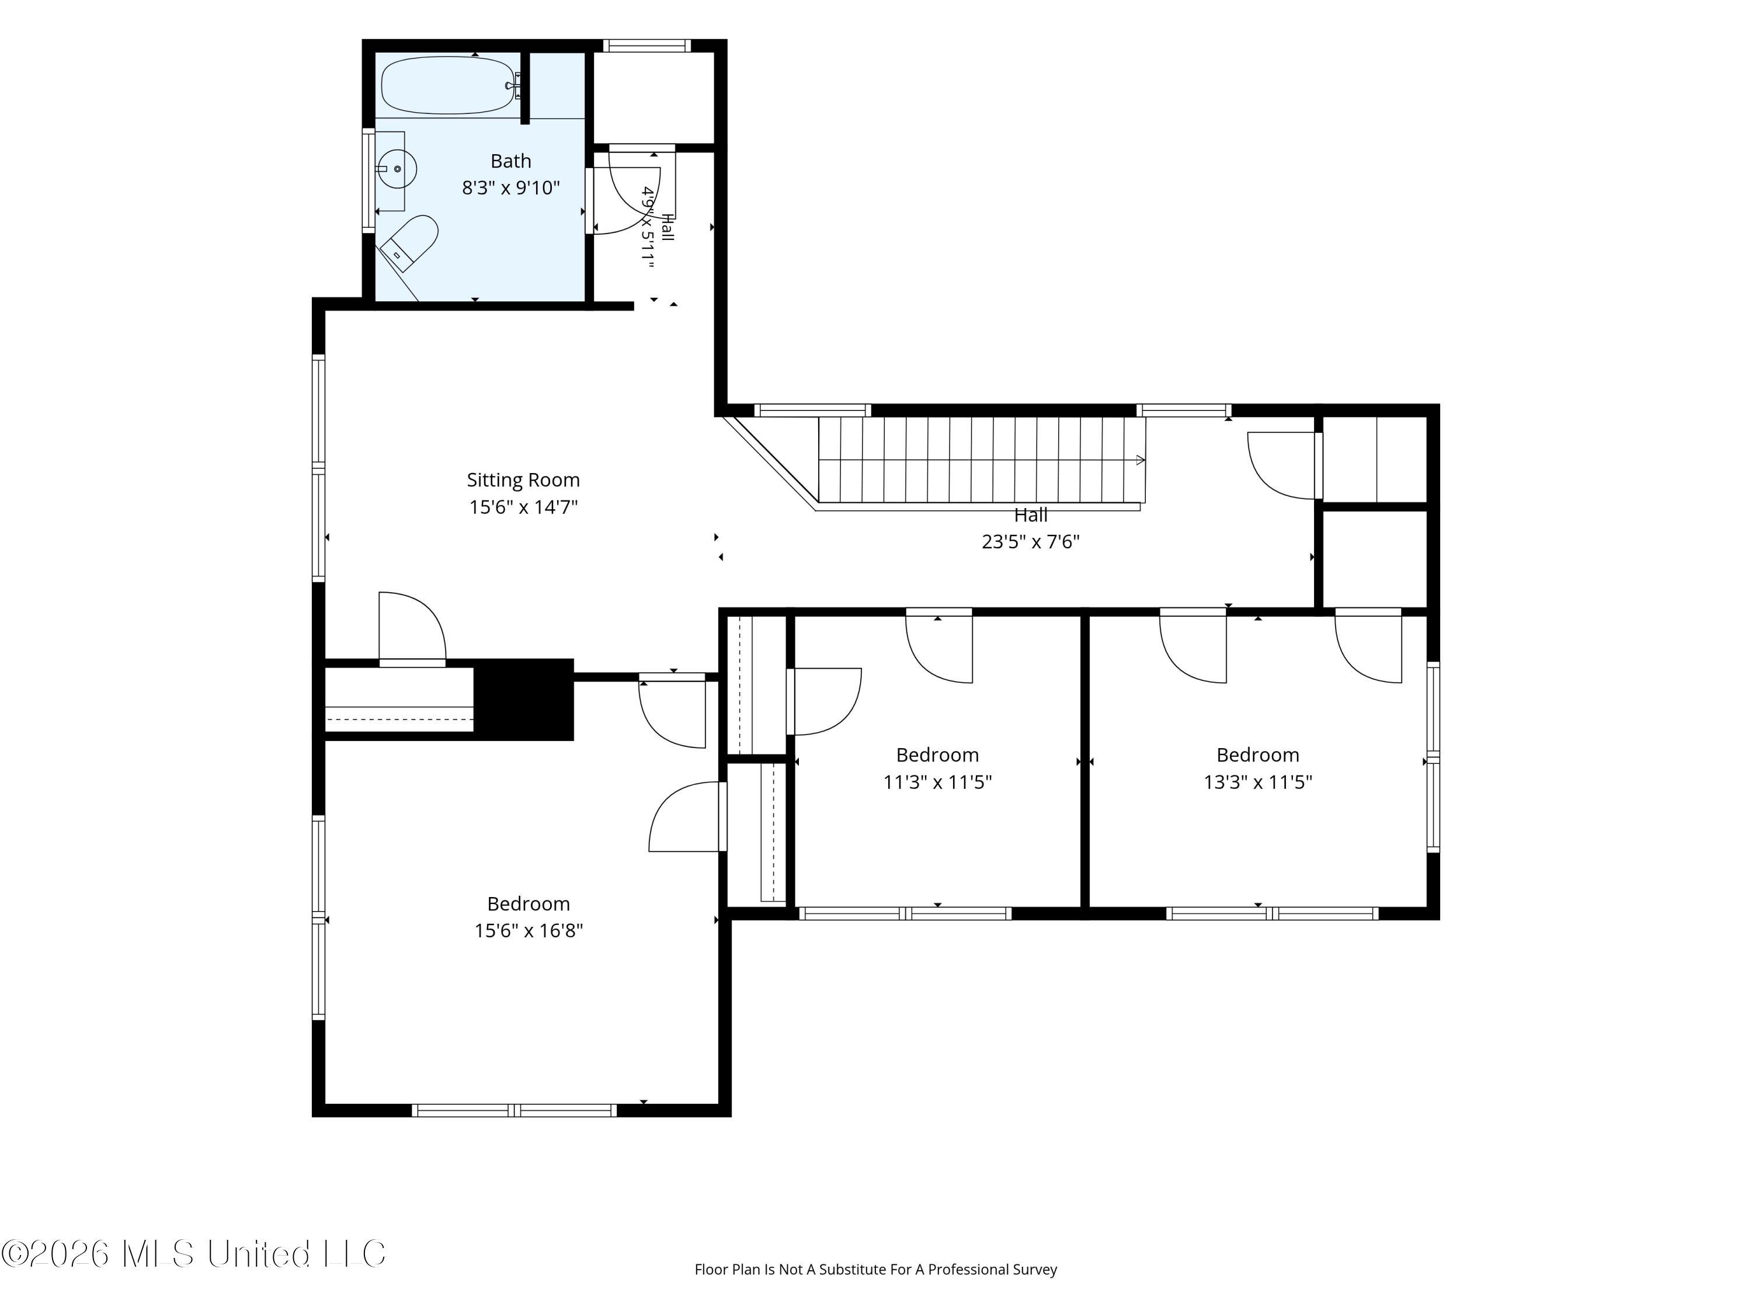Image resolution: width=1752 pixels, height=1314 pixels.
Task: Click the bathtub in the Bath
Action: (x=449, y=85)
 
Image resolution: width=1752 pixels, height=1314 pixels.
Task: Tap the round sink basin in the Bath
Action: (x=397, y=169)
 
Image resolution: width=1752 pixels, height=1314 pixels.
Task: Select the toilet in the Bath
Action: (x=411, y=242)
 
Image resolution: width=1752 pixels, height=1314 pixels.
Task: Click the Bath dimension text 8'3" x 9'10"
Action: (x=511, y=187)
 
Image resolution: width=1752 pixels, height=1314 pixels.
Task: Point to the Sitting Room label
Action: (x=523, y=480)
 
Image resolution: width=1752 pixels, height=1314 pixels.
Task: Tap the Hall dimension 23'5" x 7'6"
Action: (x=1030, y=542)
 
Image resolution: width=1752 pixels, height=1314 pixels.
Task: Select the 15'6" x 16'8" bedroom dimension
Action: (x=529, y=930)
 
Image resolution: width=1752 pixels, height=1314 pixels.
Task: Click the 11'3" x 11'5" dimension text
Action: (x=938, y=782)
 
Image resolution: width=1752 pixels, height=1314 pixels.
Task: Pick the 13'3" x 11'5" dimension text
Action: (x=1258, y=782)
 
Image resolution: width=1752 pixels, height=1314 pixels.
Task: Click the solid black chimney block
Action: (x=523, y=700)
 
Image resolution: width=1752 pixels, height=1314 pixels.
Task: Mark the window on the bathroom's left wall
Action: (x=369, y=180)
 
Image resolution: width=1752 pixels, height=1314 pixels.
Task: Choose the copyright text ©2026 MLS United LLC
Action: (x=193, y=1253)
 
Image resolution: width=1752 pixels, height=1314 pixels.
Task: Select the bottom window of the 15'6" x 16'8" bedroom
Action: (x=514, y=1110)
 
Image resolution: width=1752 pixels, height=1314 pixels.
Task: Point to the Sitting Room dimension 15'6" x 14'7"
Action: (x=523, y=507)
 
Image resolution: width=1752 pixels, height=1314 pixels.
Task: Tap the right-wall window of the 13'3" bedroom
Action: (x=1434, y=757)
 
